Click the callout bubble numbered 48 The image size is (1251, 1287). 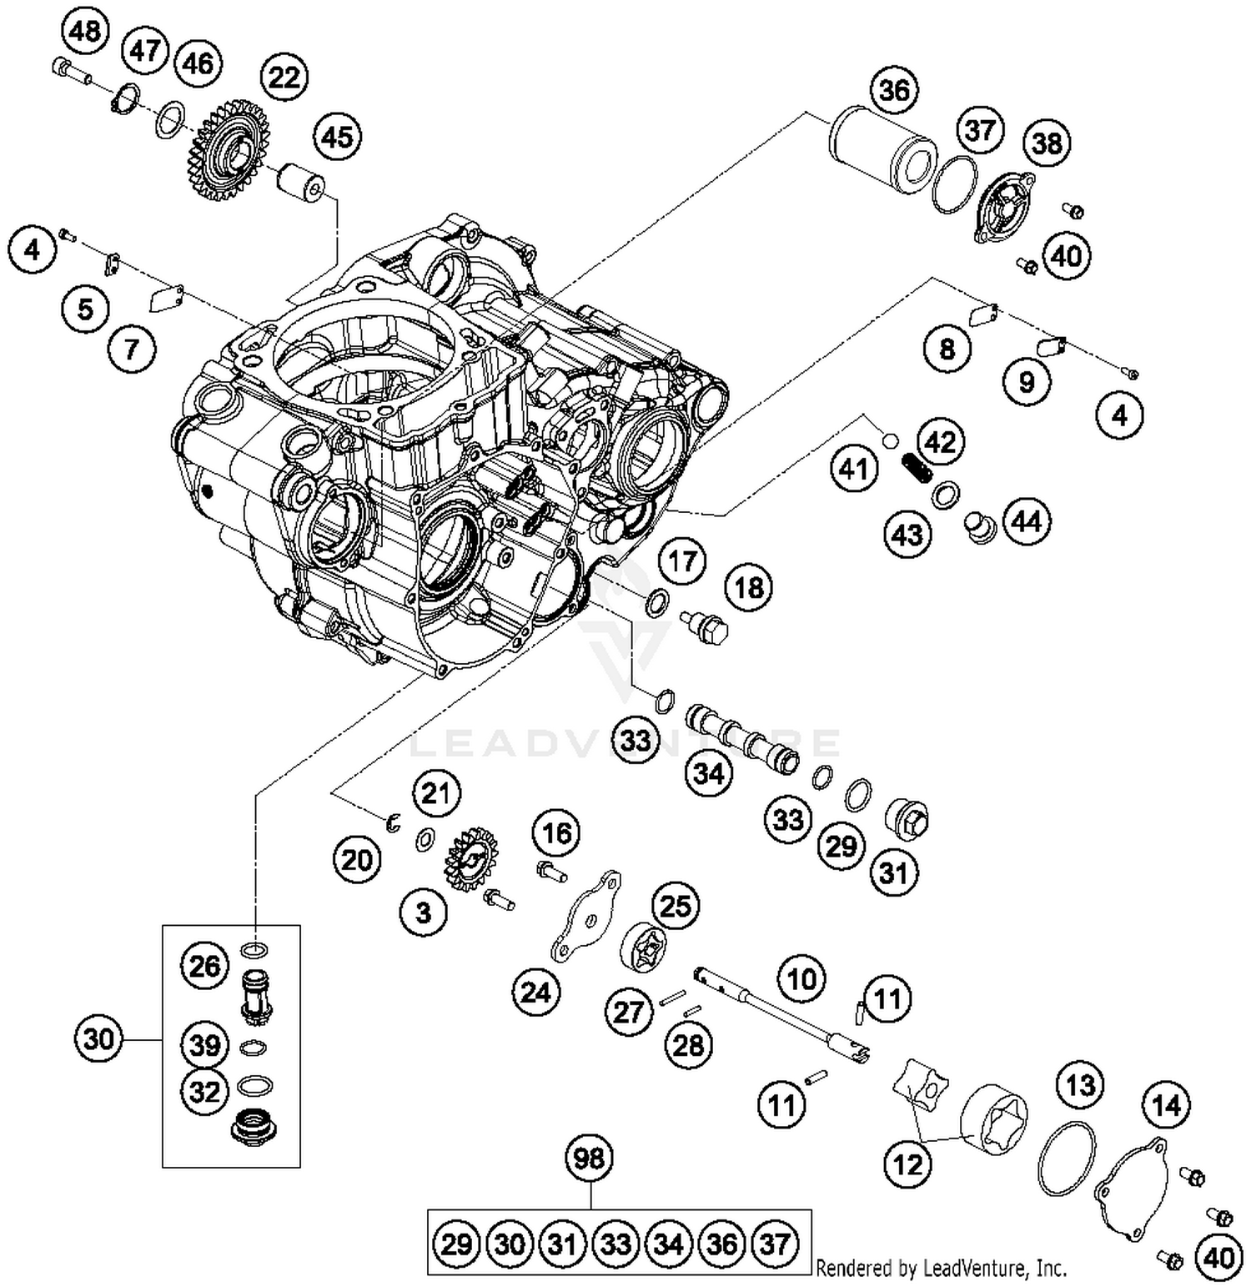point(86,32)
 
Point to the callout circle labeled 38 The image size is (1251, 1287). point(1048,143)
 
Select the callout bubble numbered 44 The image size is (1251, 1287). point(1027,521)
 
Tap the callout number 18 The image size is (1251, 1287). point(748,588)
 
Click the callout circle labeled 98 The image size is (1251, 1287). point(590,1158)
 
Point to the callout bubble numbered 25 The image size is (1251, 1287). point(676,906)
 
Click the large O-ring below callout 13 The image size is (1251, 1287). point(1067,1159)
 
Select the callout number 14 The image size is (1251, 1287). point(1166,1106)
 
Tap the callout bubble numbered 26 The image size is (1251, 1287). point(204,967)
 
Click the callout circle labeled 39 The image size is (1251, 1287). point(204,1045)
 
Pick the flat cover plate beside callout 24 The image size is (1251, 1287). point(585,917)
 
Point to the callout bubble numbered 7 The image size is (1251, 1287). point(131,348)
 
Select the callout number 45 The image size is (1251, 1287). point(338,137)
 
